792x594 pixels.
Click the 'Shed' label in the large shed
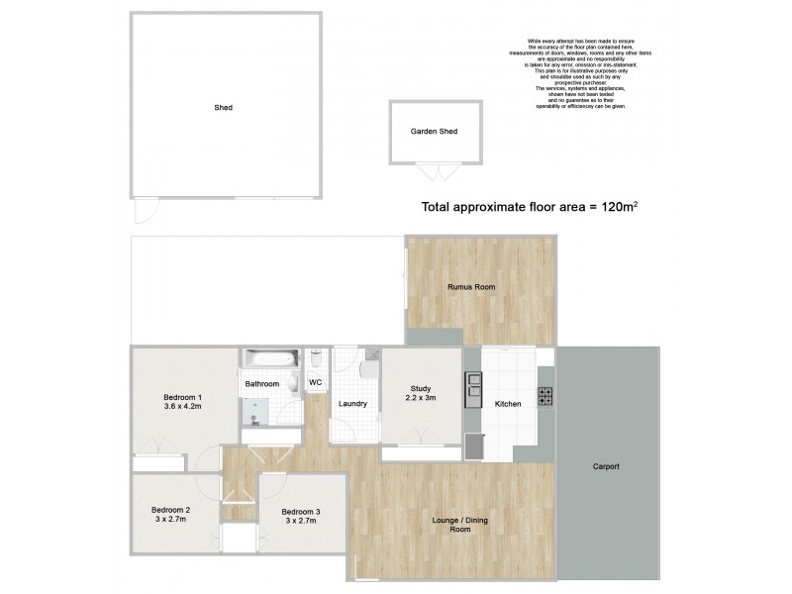coord(223,107)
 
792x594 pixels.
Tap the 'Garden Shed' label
coord(434,131)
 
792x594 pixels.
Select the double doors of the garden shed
coord(433,173)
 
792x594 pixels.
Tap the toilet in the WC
coord(315,359)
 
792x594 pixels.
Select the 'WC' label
coord(316,382)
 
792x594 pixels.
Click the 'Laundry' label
coord(352,403)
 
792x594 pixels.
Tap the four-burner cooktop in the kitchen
coord(545,397)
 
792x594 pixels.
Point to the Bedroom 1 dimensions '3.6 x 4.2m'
coord(183,404)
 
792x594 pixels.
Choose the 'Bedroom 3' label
coord(300,512)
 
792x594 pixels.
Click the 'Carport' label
coord(606,466)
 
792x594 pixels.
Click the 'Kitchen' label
coord(507,403)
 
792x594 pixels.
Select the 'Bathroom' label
coord(261,383)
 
